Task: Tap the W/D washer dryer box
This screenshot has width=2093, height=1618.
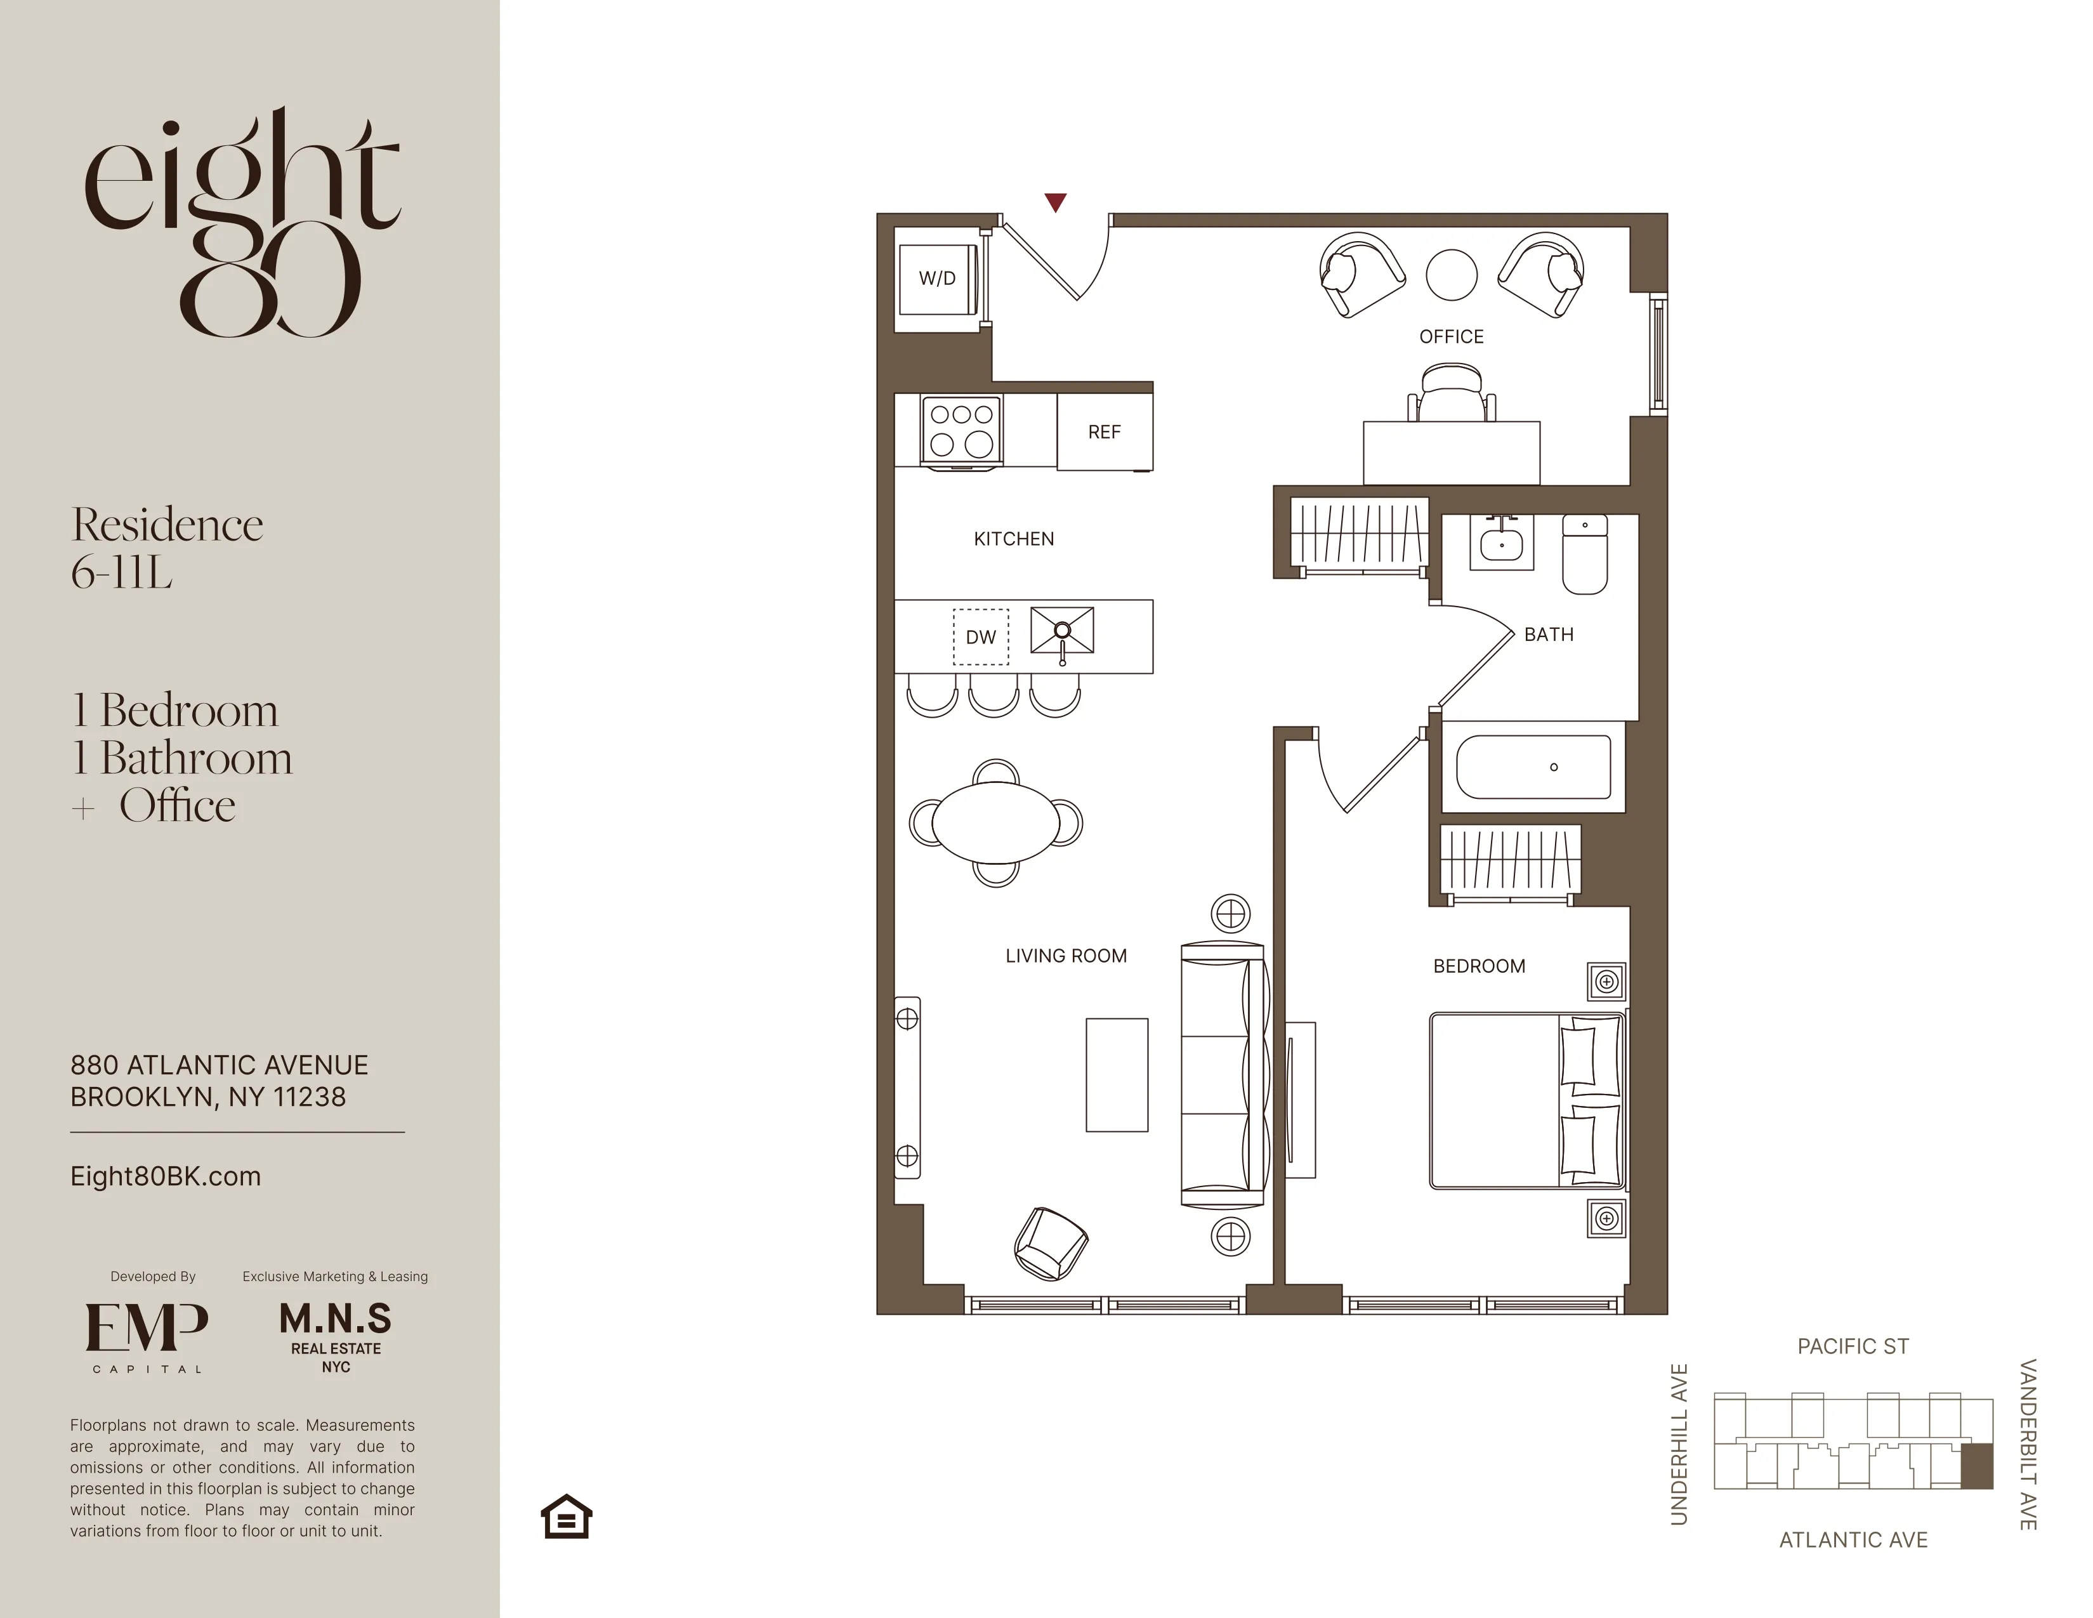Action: [x=937, y=278]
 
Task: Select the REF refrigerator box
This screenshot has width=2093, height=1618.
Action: [x=1104, y=432]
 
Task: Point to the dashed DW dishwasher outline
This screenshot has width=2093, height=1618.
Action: [x=980, y=636]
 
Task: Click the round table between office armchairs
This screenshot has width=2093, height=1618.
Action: [x=1451, y=275]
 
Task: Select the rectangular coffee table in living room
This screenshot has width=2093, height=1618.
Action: [x=1117, y=1074]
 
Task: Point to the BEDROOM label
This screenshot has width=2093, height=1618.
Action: [x=1479, y=966]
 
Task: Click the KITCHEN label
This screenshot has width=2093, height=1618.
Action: [x=1013, y=539]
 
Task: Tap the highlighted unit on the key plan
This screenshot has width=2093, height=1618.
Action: [x=1976, y=1466]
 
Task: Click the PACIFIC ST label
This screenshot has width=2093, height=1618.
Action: [x=1853, y=1346]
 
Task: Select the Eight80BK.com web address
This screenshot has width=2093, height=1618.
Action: [x=166, y=1176]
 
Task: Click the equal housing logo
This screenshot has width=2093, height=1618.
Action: [x=567, y=1516]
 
